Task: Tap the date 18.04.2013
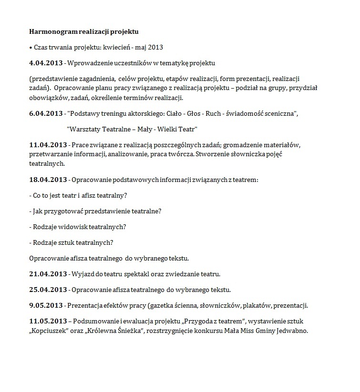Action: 47,180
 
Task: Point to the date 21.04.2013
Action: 47,274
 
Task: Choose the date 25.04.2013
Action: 47,290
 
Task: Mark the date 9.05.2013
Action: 45,305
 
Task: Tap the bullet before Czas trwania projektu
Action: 31,48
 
